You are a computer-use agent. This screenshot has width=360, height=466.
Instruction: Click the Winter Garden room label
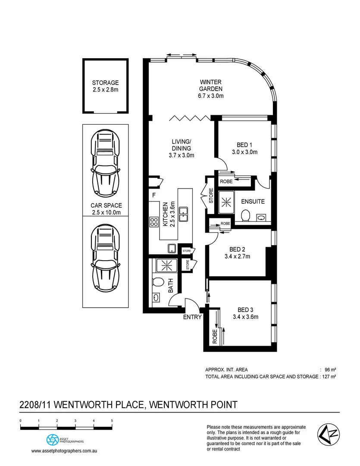click(x=210, y=85)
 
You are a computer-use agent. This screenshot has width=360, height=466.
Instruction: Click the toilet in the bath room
click(x=157, y=283)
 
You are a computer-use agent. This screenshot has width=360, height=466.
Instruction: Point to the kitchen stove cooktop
click(x=153, y=222)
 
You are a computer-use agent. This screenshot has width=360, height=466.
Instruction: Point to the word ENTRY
click(x=192, y=318)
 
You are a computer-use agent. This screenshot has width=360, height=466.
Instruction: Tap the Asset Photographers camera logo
click(x=52, y=440)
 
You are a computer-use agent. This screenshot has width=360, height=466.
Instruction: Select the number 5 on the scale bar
click(x=112, y=420)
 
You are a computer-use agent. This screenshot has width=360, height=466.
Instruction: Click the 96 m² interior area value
click(x=330, y=370)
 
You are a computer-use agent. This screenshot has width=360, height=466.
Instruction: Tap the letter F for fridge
click(x=153, y=195)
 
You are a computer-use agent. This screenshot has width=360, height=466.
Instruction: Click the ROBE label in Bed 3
click(x=214, y=336)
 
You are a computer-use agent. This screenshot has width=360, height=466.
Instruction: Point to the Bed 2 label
click(x=237, y=249)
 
